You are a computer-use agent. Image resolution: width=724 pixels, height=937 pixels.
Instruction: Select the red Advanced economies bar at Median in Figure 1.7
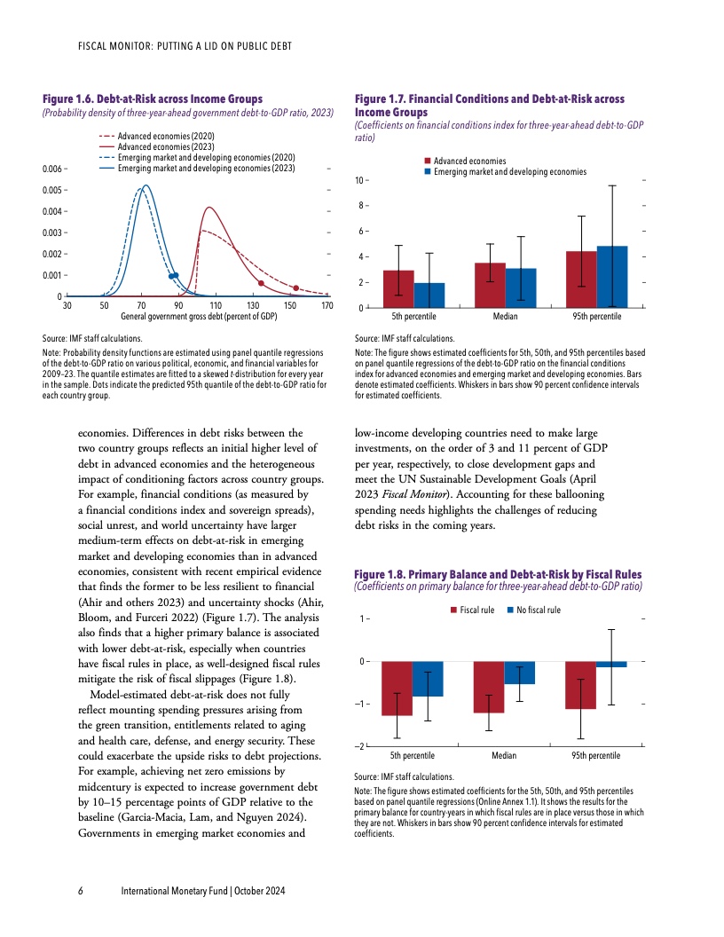(490, 285)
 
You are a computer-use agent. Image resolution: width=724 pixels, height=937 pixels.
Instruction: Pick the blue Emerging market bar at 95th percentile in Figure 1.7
(612, 277)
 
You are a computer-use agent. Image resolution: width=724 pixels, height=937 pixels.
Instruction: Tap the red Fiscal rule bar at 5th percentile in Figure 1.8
(397, 688)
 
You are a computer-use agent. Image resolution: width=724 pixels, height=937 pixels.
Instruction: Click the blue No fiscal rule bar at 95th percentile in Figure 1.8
(611, 665)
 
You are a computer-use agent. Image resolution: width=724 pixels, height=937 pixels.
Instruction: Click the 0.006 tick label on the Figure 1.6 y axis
(52, 169)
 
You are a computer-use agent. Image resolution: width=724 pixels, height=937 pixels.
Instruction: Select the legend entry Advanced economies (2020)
(161, 134)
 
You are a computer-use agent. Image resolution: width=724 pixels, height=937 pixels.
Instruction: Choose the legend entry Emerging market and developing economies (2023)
(206, 167)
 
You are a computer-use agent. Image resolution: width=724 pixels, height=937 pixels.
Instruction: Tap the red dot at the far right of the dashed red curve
(296, 287)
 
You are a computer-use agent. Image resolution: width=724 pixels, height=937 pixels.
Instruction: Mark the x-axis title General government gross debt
(197, 316)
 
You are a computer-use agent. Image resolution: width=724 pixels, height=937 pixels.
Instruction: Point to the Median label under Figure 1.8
(506, 755)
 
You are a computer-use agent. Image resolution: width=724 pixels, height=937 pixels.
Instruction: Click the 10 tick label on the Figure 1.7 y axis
(359, 181)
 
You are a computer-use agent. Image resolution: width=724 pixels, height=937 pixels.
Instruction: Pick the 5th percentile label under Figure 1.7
(413, 316)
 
